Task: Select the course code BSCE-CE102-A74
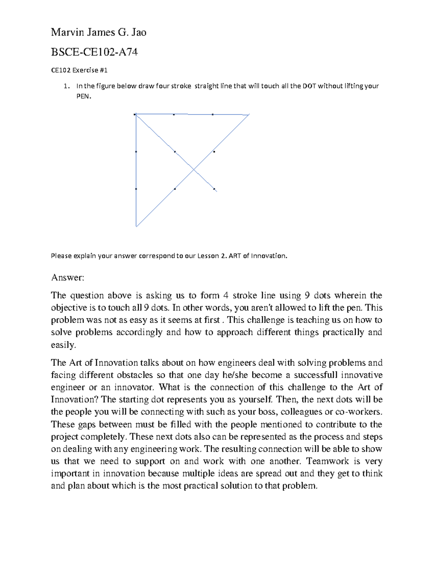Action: [x=94, y=53]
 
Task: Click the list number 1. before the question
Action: [x=65, y=86]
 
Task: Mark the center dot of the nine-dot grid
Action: [x=175, y=152]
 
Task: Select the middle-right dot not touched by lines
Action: [x=214, y=152]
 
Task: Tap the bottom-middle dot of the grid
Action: [x=175, y=189]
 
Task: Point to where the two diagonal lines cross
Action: [x=194, y=169]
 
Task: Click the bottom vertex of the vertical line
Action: [x=136, y=226]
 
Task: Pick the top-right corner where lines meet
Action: [x=249, y=115]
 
